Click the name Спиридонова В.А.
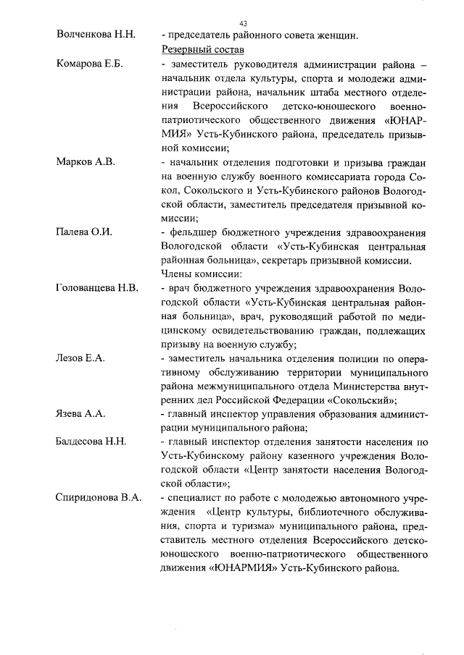(99, 497)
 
